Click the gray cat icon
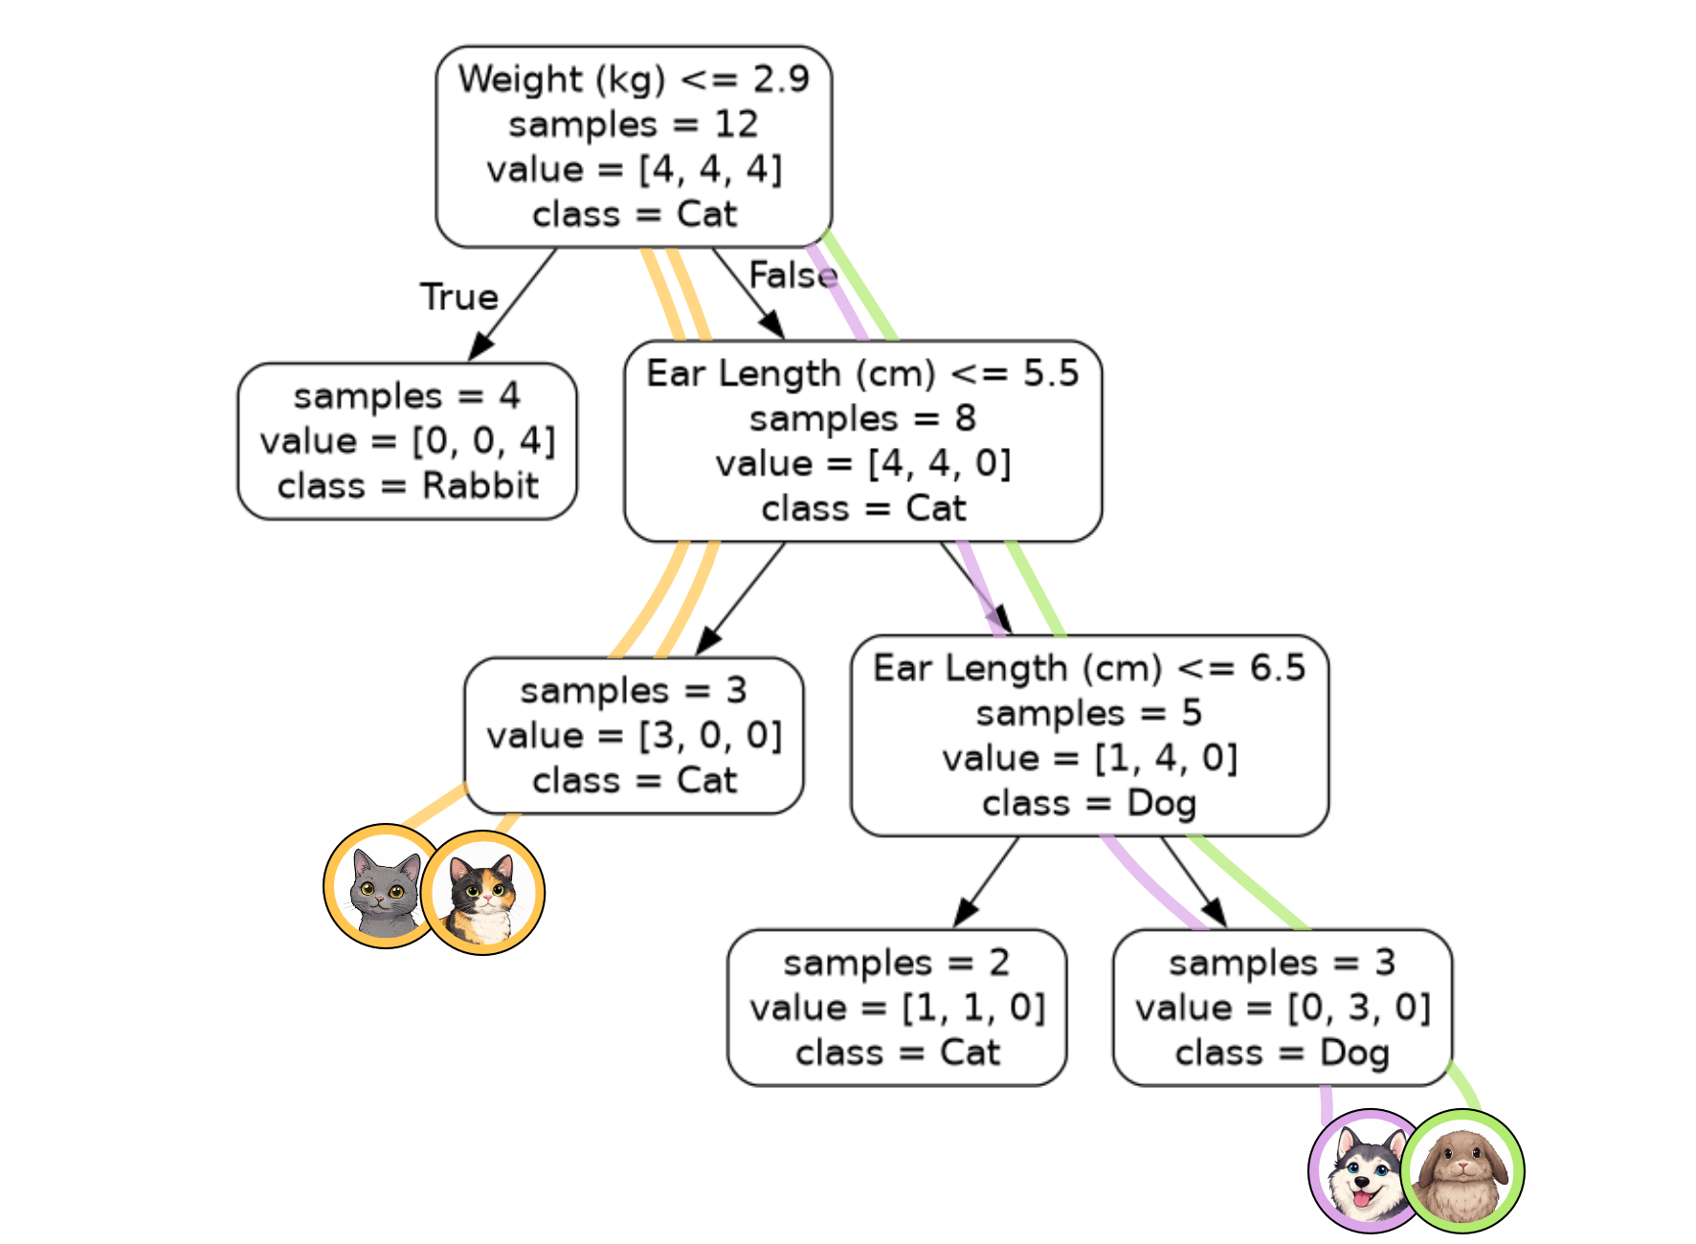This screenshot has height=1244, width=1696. [x=383, y=887]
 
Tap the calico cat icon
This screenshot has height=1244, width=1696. [x=483, y=894]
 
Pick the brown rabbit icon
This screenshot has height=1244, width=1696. [x=1462, y=1171]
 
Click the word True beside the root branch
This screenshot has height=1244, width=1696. [x=459, y=297]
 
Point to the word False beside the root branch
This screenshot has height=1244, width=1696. [x=792, y=276]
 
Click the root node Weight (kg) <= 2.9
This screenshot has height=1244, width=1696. [x=634, y=146]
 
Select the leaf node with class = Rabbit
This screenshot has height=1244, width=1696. [x=407, y=441]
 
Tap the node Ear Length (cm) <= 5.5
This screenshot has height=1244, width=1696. [x=862, y=441]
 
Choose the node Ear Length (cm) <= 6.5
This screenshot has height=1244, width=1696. [x=1089, y=735]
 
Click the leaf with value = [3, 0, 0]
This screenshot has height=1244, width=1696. [x=634, y=735]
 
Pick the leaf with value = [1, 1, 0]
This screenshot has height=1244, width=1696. [x=897, y=1008]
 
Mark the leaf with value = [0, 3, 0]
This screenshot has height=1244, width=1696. [x=1283, y=1008]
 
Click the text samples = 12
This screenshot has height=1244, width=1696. [x=634, y=124]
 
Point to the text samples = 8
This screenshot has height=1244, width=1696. [x=862, y=418]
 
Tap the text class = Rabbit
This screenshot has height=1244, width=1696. [x=407, y=486]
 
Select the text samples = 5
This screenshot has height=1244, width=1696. [x=1089, y=713]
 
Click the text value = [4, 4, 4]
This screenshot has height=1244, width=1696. [x=634, y=169]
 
